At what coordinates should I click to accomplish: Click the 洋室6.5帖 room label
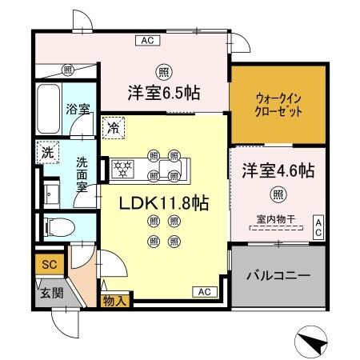(163, 93)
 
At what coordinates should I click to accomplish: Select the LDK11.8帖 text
(164, 203)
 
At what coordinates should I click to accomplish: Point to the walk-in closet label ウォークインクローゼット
(279, 106)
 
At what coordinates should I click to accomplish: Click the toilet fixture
(55, 226)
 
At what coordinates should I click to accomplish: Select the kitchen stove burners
(125, 168)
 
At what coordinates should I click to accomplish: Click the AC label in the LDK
(203, 291)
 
